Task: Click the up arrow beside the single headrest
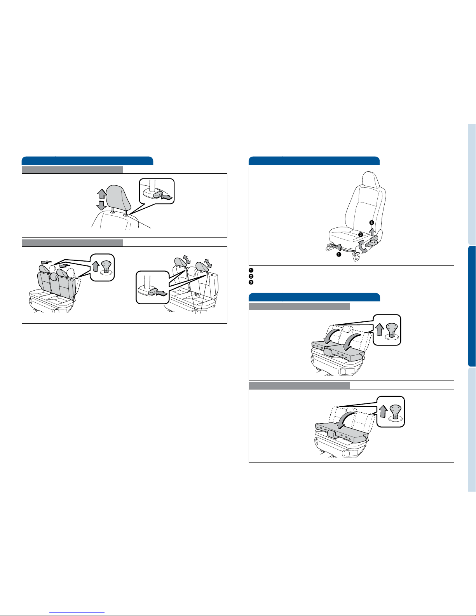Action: click(x=102, y=194)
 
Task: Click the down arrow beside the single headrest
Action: click(x=101, y=205)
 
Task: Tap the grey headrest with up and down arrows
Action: click(x=118, y=197)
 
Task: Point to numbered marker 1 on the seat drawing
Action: click(x=338, y=254)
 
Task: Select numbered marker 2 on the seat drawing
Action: click(x=361, y=234)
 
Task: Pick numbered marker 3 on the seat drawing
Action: click(x=372, y=223)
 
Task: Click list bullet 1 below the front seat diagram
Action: click(x=251, y=270)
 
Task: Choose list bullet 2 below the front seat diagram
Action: click(x=251, y=276)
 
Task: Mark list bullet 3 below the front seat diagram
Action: click(x=251, y=282)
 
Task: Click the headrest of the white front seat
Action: click(x=370, y=180)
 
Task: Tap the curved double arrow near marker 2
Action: click(x=363, y=246)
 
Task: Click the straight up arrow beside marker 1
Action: click(x=340, y=247)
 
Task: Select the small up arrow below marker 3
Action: click(x=372, y=231)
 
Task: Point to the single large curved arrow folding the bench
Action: click(x=345, y=421)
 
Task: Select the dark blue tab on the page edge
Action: click(x=472, y=306)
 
